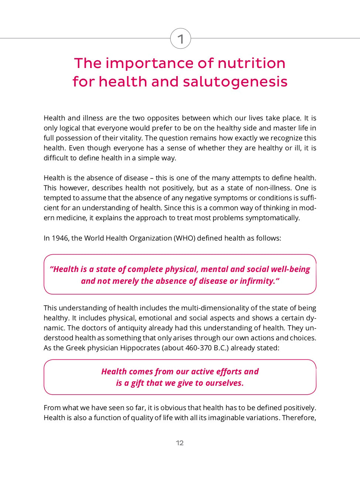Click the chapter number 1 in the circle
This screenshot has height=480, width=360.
coord(180,39)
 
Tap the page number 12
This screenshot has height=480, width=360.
coord(180,443)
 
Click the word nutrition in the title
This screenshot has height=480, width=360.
coord(251,63)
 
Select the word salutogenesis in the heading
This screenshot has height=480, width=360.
coord(235,82)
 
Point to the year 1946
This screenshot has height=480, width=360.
coord(60,238)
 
